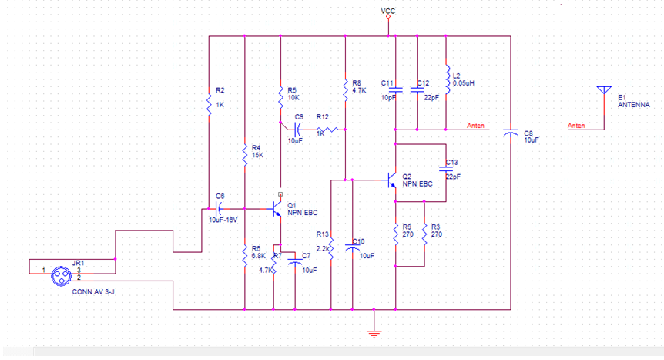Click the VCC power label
387,10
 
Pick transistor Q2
391,182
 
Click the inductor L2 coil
447,77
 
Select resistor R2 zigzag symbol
209,103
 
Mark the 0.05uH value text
464,82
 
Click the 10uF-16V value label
223,220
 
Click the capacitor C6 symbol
219,207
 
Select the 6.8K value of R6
258,255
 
